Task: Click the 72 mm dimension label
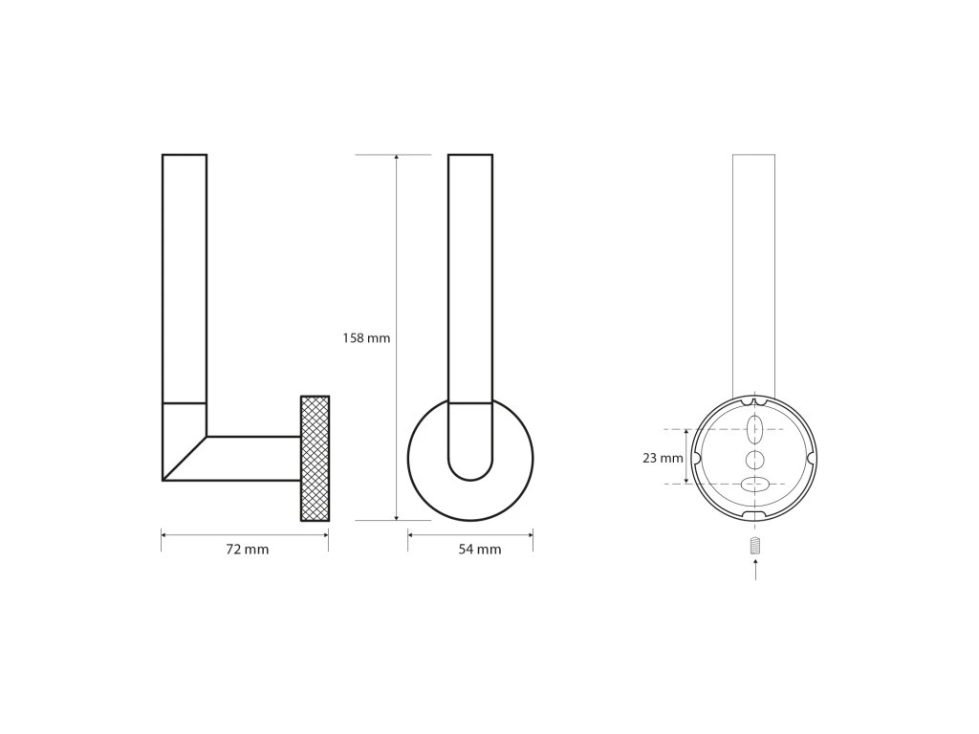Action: point(248,550)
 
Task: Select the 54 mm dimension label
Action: point(480,550)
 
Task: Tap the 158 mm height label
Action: point(366,338)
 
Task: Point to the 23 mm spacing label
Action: point(664,458)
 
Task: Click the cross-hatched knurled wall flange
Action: point(315,458)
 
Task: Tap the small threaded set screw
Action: point(755,546)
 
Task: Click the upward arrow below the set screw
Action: point(755,571)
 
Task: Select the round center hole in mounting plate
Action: point(755,460)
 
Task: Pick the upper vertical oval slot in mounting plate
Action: point(755,429)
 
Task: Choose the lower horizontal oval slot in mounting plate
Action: point(755,484)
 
